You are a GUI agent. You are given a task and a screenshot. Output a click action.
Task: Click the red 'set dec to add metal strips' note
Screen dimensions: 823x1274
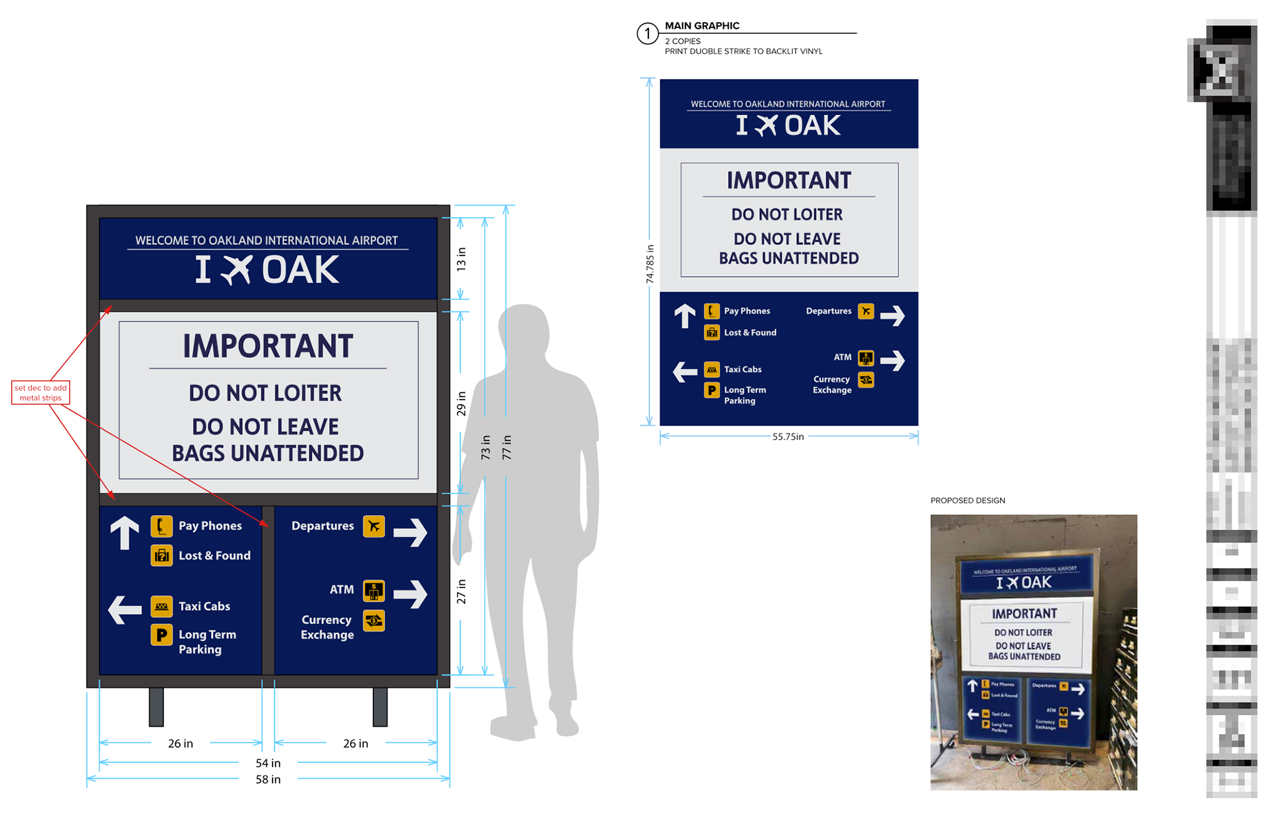coord(40,392)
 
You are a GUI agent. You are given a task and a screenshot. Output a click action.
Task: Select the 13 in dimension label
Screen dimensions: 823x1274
coord(461,259)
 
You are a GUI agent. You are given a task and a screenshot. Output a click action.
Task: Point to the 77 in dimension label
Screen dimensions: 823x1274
coord(507,447)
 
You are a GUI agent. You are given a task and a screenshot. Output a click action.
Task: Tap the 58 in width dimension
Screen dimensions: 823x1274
coord(268,779)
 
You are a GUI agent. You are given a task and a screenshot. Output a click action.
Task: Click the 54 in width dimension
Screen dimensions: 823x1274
coord(268,763)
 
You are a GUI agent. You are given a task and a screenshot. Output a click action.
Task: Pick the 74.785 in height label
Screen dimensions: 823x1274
coord(650,264)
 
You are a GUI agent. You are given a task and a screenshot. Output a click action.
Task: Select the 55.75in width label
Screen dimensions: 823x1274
coord(788,437)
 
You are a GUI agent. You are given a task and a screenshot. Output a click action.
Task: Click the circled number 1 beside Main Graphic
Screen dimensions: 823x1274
coord(647,33)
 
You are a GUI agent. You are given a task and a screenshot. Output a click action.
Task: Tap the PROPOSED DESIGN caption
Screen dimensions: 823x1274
coord(967,500)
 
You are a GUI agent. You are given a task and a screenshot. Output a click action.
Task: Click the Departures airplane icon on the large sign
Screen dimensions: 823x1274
coord(374,526)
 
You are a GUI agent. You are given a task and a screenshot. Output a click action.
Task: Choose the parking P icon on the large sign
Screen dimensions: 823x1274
coord(161,635)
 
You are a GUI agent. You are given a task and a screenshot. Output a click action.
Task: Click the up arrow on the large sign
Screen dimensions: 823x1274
coord(125,533)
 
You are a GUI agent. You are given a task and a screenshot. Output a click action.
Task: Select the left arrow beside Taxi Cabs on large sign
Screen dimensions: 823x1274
coord(125,609)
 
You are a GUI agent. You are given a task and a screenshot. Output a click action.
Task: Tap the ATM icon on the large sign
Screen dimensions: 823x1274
coord(374,591)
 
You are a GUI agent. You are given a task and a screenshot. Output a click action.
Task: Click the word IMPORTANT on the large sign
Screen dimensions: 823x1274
coord(268,346)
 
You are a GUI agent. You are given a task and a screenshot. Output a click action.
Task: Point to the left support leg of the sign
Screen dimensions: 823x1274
coord(157,706)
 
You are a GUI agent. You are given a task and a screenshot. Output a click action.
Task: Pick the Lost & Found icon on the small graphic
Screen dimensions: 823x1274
coord(711,333)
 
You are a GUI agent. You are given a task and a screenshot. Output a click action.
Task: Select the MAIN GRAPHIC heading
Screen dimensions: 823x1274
coord(702,26)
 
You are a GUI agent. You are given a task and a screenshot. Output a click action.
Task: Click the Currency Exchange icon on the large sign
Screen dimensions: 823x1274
coord(374,621)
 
